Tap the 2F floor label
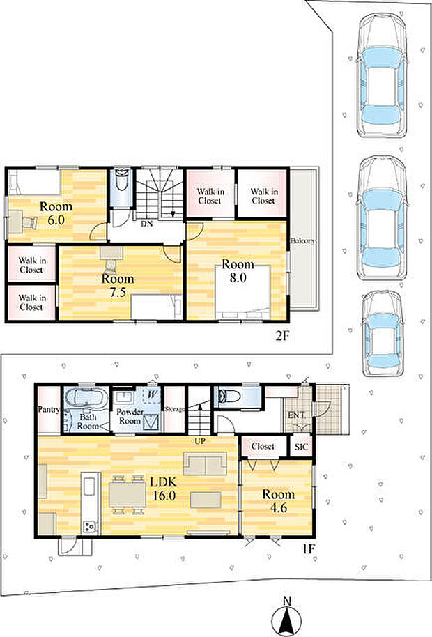(282, 336)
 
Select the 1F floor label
(308, 549)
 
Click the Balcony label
(302, 240)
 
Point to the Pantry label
(49, 410)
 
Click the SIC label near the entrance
(301, 447)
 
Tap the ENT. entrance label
(297, 415)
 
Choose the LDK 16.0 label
(164, 489)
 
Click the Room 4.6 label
(278, 500)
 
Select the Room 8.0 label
(238, 270)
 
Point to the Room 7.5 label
(117, 285)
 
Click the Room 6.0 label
(56, 213)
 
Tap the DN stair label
(146, 224)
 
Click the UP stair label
(200, 441)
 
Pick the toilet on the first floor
(226, 396)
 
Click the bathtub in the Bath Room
(86, 397)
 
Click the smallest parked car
(382, 334)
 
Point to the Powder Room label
(130, 416)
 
